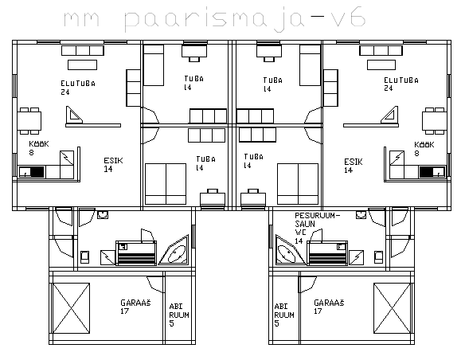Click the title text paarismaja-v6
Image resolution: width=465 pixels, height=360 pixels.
click(245, 19)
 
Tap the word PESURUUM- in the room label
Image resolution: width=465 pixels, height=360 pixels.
click(317, 216)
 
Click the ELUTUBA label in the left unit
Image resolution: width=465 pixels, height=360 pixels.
click(78, 84)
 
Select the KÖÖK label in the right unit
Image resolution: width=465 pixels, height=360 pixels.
click(424, 145)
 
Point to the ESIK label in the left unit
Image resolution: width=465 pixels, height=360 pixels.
click(113, 161)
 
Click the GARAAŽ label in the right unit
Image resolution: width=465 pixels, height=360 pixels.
click(329, 303)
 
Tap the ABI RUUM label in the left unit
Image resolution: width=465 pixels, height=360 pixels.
click(179, 311)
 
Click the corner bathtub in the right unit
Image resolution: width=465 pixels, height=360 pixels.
click(290, 251)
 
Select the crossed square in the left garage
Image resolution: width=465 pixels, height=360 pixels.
click(71, 308)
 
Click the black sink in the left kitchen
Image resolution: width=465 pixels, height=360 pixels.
click(37, 172)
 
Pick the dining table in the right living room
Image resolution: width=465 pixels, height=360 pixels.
click(435, 121)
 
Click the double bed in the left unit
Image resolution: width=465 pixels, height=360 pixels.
click(166, 184)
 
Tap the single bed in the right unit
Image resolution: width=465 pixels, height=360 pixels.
click(310, 65)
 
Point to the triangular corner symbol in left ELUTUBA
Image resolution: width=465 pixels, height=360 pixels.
click(73, 115)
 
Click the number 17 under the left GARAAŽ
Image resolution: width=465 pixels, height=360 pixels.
click(124, 311)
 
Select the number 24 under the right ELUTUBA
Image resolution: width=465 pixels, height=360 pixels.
click(389, 88)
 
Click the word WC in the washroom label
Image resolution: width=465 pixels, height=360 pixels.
click(300, 233)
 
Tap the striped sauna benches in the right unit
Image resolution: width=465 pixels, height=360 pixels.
click(327, 253)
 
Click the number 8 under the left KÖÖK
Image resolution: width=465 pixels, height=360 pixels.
click(31, 152)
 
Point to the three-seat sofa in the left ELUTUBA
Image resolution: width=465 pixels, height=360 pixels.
click(83, 50)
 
